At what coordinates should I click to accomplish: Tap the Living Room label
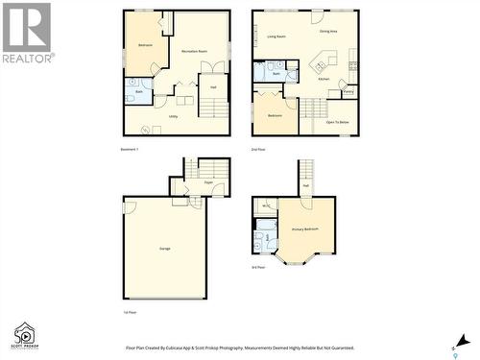coord(276,36)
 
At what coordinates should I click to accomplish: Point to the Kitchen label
coord(324,79)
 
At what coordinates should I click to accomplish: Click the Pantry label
coord(348,93)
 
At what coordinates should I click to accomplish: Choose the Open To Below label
coord(338,122)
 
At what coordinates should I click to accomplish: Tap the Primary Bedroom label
coord(305,229)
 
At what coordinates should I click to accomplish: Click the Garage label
coord(165,249)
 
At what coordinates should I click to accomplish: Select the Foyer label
coord(206,180)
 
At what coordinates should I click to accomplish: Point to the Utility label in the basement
coord(174,117)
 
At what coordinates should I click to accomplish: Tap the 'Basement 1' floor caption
coord(130,150)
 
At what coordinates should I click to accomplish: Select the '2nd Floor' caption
coord(257,151)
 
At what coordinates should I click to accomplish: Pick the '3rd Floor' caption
coord(258,267)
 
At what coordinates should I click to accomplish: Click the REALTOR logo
coord(26,34)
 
